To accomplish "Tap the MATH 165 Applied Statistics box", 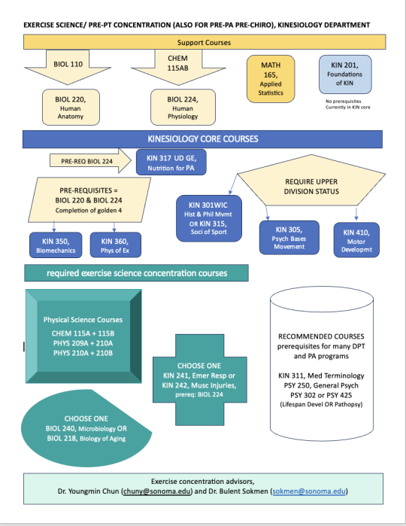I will pyautogui.click(x=271, y=79).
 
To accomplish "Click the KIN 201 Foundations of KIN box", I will pyautogui.click(x=345, y=75).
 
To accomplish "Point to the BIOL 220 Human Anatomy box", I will pyautogui.click(x=69, y=108).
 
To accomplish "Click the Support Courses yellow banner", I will pyautogui.click(x=204, y=41).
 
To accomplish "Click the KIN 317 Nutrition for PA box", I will pyautogui.click(x=171, y=161).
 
